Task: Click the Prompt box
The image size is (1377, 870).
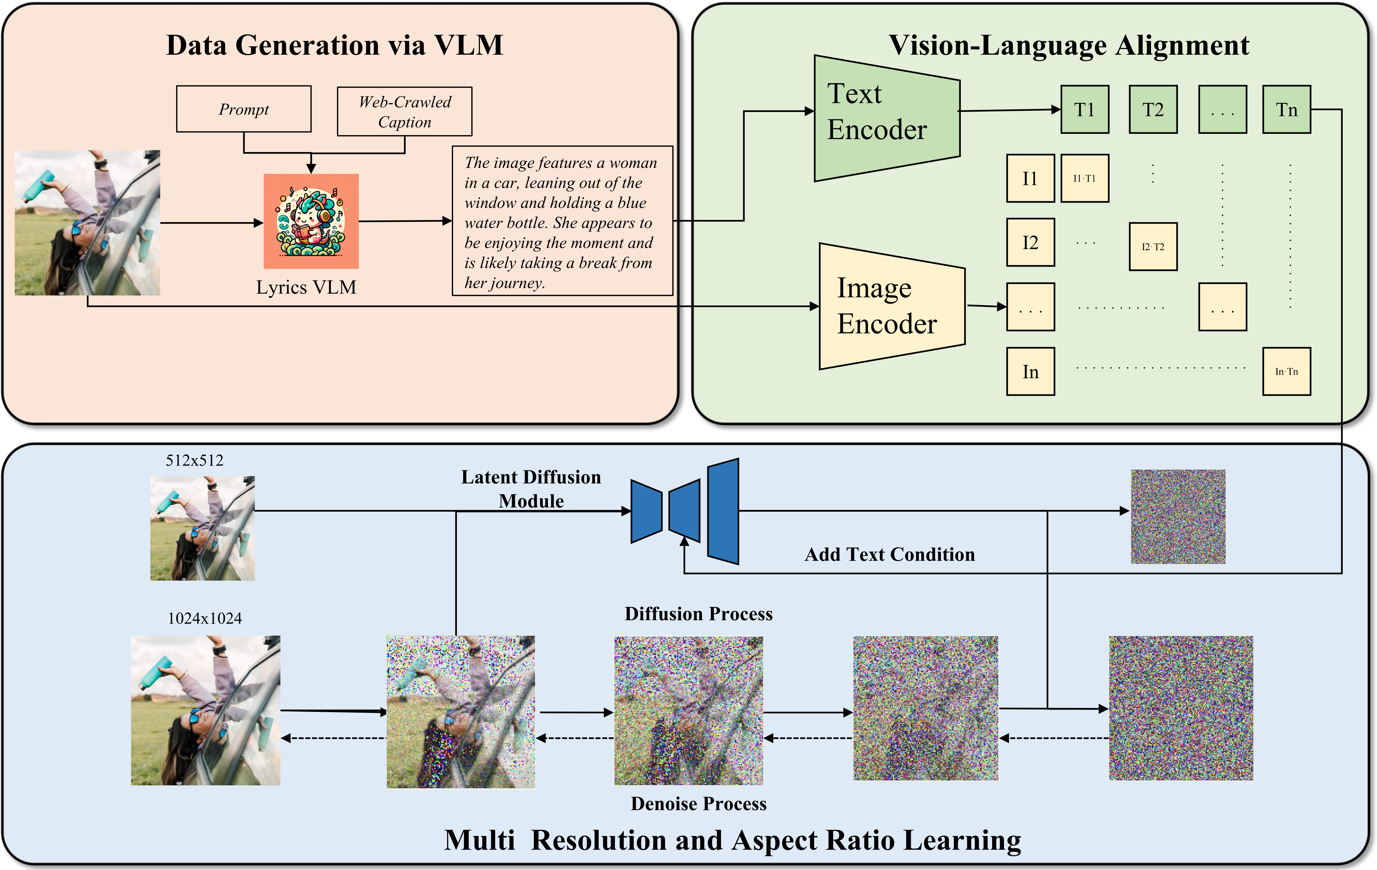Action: (244, 109)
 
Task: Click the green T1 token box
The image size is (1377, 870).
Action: (1084, 110)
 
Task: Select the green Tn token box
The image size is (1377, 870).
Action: (1286, 110)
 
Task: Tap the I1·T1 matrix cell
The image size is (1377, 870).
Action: (1084, 178)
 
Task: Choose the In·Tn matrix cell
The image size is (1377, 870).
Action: (1286, 372)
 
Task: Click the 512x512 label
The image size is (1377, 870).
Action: (194, 460)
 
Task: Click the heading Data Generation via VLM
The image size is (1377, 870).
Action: (334, 45)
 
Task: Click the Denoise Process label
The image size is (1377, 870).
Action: (698, 804)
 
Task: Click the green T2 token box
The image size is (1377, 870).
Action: (1153, 110)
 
